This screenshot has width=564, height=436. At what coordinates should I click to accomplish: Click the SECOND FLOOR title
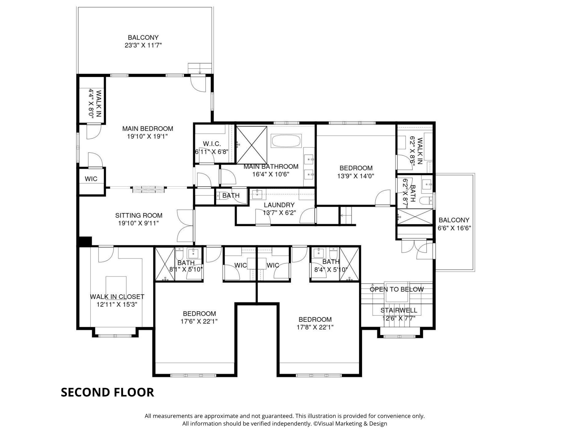(x=107, y=392)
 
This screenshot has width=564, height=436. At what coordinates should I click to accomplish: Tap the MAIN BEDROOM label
(x=147, y=129)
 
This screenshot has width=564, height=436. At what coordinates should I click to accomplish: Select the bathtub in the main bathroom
(x=286, y=141)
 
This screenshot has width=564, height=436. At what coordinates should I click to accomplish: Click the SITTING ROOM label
(x=139, y=216)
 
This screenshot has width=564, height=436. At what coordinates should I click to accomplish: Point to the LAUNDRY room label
(x=279, y=205)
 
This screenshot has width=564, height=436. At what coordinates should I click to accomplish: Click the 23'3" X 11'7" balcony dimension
(x=143, y=45)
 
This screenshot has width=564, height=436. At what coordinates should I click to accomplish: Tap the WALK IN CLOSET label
(x=117, y=297)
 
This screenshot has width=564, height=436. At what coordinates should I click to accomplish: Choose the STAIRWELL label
(x=399, y=310)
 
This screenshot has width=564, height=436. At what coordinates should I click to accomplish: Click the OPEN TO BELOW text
(x=397, y=289)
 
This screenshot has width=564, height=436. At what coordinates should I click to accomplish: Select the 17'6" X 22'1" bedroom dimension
(x=199, y=321)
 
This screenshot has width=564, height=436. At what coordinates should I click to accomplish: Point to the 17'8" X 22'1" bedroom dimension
(x=315, y=327)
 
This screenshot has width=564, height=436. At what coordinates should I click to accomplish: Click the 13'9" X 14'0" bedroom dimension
(x=356, y=176)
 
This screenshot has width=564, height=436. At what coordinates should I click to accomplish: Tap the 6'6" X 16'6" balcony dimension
(x=454, y=228)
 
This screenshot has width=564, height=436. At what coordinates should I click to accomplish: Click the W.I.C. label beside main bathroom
(x=212, y=144)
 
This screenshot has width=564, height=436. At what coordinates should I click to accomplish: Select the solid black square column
(x=85, y=241)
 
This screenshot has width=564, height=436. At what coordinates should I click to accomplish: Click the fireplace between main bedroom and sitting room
(x=148, y=189)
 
